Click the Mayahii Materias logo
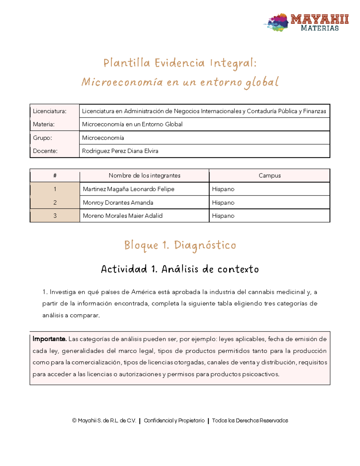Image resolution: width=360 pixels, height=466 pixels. (306, 23)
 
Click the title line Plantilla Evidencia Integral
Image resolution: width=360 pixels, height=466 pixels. (180, 63)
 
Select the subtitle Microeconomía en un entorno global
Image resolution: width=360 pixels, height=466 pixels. (180, 82)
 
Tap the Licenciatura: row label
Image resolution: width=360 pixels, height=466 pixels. (49, 111)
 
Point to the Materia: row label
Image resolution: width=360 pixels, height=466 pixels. (44, 124)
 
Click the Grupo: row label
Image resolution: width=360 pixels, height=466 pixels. (43, 138)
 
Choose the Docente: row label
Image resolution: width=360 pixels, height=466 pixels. (45, 151)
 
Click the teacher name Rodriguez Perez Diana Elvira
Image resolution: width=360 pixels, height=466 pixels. (120, 151)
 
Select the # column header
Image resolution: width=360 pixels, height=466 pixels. (55, 176)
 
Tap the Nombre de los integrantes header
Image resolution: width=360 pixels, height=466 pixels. (144, 176)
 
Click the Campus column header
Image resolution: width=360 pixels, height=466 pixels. (269, 176)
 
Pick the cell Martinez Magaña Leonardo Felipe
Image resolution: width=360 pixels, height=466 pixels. (128, 189)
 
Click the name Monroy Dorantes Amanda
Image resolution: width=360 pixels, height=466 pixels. (118, 203)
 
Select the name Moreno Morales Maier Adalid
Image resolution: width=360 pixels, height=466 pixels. (123, 216)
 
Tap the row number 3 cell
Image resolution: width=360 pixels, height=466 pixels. (55, 216)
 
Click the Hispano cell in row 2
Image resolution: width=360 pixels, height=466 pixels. (223, 203)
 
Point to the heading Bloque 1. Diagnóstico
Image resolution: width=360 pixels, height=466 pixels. (180, 245)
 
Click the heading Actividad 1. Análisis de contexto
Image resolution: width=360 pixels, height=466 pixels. (180, 269)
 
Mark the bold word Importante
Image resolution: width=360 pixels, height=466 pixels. (49, 339)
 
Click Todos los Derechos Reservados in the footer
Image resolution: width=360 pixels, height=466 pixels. (250, 420)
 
